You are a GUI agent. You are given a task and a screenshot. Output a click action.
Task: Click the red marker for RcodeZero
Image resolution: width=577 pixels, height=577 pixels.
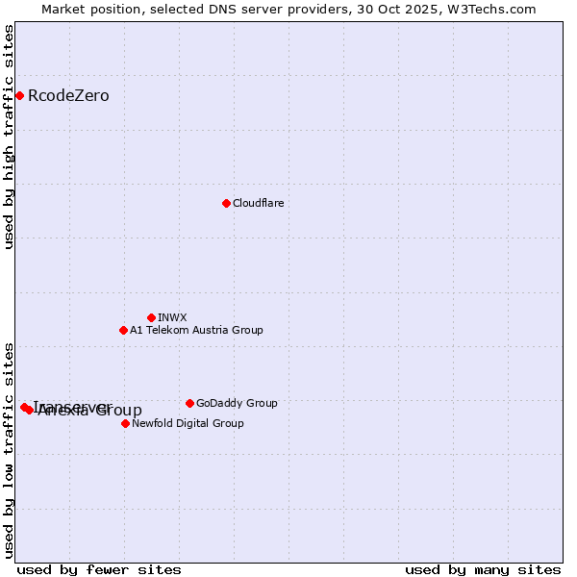coord(19,95)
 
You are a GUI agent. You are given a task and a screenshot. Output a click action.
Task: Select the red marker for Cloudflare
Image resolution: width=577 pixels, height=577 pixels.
coord(226,203)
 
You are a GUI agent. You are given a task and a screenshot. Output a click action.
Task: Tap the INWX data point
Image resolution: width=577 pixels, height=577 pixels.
coord(151,317)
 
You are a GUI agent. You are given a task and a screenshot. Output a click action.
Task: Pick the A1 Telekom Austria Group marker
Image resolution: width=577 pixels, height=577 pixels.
coord(123,330)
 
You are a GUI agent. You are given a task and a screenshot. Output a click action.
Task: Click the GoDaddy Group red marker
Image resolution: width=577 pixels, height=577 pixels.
coord(189,403)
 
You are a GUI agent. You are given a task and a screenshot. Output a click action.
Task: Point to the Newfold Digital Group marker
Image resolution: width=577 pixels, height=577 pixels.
coord(125,423)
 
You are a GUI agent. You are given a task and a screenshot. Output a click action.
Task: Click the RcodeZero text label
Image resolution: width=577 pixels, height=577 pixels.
coord(68,95)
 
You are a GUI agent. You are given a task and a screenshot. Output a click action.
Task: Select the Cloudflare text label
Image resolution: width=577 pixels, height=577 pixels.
coord(258,203)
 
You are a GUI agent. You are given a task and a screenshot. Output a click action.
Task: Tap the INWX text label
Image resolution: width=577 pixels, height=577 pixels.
coord(172,317)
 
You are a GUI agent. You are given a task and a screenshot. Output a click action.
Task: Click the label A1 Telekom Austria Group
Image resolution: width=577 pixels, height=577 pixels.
coord(196,330)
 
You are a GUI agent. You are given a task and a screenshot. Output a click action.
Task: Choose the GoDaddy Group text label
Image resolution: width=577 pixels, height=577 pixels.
coord(237,403)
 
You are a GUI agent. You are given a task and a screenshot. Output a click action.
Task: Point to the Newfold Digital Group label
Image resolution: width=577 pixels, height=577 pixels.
coord(188,423)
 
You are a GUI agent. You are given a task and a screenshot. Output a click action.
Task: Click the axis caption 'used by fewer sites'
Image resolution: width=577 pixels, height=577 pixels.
coord(99,569)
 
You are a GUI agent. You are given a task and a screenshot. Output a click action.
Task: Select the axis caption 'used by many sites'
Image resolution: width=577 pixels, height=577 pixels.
coord(483,569)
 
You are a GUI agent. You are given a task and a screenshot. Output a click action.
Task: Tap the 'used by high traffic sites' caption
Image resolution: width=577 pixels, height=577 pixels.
coord(10,137)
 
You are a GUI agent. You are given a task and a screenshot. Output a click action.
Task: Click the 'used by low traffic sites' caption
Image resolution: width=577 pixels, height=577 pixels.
coord(10,450)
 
